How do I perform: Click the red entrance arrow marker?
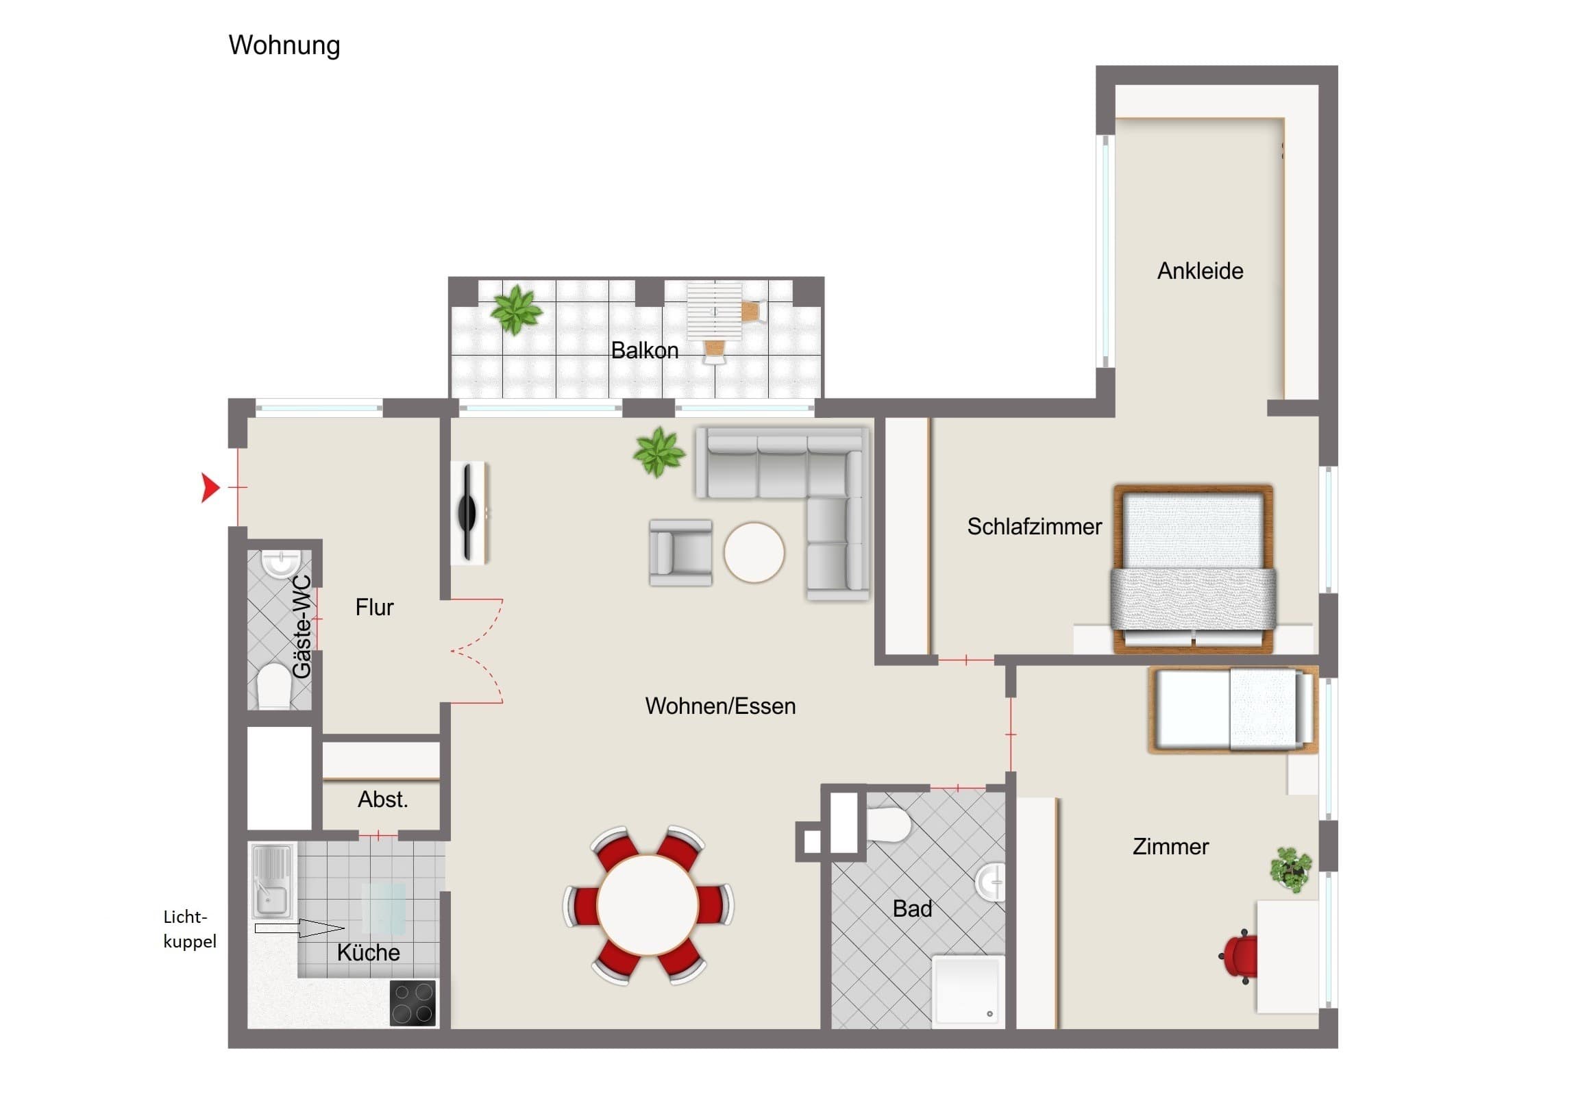[210, 487]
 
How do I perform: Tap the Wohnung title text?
[284, 46]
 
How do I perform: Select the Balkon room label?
[645, 351]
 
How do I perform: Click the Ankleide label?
[1200, 271]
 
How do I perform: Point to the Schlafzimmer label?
[1035, 526]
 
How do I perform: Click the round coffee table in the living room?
[754, 552]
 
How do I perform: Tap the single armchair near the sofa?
[680, 553]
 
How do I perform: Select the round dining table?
[648, 904]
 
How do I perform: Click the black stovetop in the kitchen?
[413, 1003]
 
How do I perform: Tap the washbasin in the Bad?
[991, 881]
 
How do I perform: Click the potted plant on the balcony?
[515, 310]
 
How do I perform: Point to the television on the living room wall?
[469, 512]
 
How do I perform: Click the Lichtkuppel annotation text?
[189, 929]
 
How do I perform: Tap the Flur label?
[374, 608]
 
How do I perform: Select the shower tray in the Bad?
[968, 991]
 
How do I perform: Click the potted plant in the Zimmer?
[1291, 869]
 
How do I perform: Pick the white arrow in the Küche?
[299, 929]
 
